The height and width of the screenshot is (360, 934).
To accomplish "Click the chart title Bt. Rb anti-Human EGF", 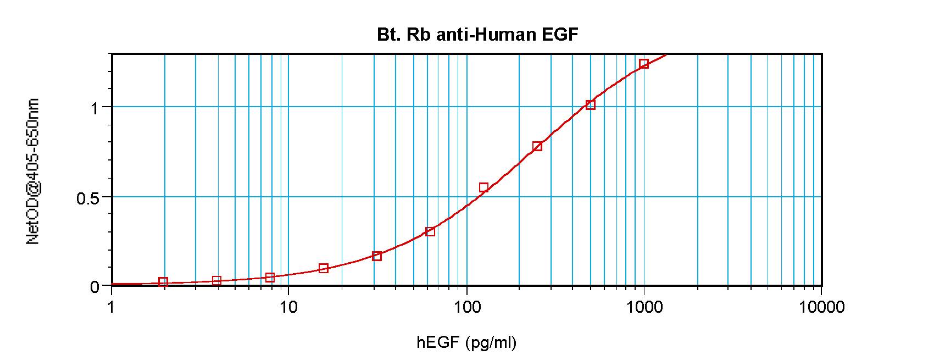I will (477, 35).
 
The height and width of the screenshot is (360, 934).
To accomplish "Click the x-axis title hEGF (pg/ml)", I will (466, 342).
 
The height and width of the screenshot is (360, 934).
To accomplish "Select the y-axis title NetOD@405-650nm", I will (33, 171).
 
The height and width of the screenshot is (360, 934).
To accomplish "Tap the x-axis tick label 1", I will (111, 307).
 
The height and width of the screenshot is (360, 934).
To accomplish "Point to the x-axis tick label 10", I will (288, 307).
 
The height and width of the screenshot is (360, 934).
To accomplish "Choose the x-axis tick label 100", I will (467, 307).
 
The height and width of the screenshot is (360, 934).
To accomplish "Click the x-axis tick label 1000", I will (644, 307).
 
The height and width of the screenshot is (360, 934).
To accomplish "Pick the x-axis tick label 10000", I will (821, 307).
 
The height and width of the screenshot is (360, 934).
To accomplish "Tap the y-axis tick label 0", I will (95, 287).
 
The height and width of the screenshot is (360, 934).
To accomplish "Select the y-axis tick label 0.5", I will (88, 198).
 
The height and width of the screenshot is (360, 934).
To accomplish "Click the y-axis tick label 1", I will (96, 108).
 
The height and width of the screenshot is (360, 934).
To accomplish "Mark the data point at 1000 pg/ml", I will (644, 64).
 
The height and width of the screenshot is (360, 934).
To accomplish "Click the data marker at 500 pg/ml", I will (591, 105).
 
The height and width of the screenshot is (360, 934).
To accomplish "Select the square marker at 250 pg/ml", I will (537, 146).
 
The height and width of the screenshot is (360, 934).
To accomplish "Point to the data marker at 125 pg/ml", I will (483, 187).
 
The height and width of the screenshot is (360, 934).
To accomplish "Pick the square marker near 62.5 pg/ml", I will (430, 231).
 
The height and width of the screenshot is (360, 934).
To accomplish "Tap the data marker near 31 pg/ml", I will (377, 256).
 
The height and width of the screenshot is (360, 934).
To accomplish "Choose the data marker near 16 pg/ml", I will (324, 268).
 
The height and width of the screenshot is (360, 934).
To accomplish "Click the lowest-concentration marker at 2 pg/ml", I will (163, 282).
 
